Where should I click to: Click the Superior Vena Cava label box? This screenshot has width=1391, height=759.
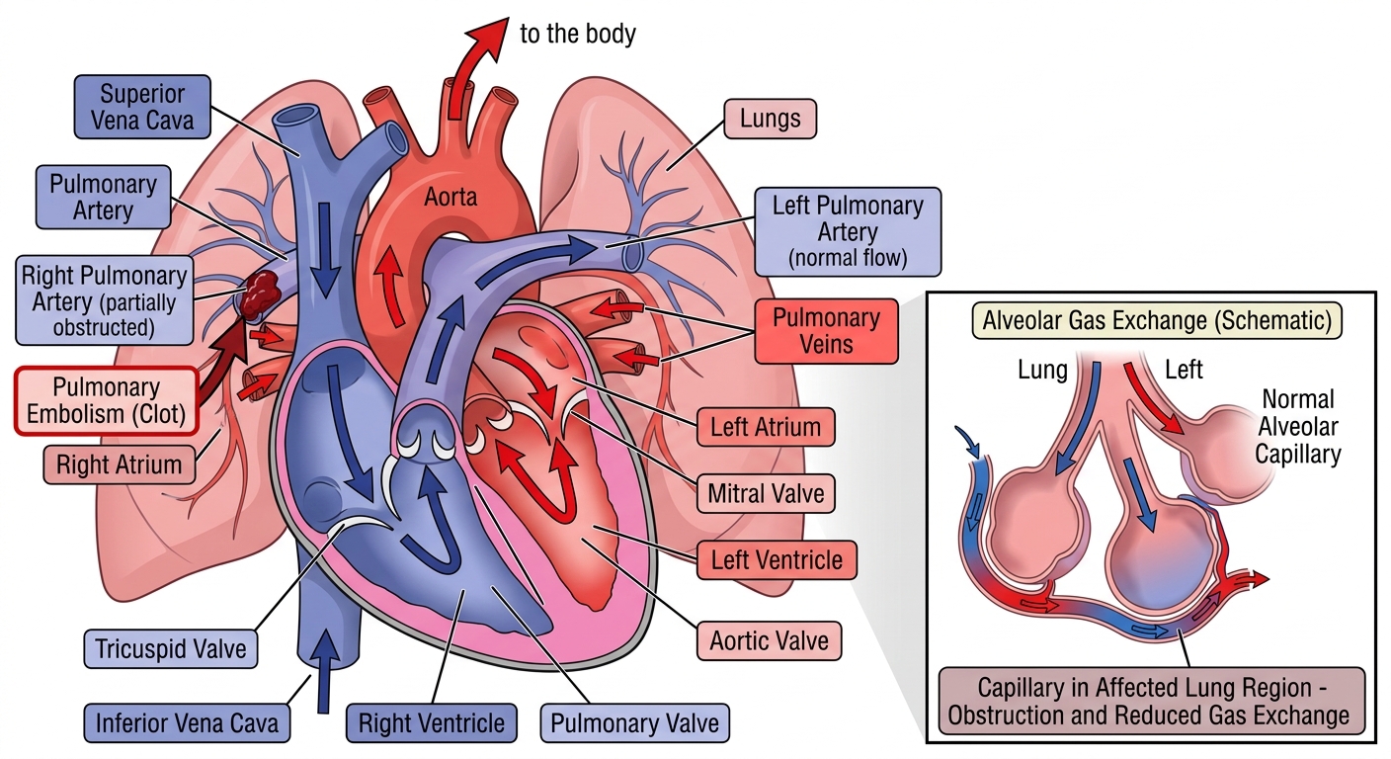(x=142, y=107)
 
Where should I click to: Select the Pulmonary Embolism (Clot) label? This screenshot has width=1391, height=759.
(x=107, y=400)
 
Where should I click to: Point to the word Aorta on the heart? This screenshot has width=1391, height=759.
(x=450, y=197)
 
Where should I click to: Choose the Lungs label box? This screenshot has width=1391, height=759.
(x=770, y=119)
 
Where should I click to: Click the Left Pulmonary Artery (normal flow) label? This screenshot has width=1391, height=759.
(x=848, y=231)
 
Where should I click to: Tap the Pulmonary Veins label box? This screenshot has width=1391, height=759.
(x=827, y=331)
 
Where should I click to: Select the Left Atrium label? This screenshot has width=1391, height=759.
(x=765, y=427)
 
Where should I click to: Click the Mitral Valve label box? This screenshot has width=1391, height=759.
(x=766, y=494)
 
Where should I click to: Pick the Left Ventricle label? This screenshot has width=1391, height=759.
(x=777, y=560)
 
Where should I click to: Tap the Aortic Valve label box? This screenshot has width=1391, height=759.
(x=769, y=641)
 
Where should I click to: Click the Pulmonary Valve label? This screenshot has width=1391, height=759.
(x=634, y=723)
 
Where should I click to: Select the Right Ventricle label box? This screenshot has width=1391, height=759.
(x=432, y=723)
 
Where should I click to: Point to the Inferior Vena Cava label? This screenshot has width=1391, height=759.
(x=187, y=723)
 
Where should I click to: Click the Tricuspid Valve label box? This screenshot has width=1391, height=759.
(x=171, y=649)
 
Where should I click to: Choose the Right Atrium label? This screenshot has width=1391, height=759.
(x=120, y=464)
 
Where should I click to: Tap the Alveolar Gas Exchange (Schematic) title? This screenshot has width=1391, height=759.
(x=1157, y=320)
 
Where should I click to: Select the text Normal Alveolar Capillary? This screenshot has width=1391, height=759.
(x=1298, y=427)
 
